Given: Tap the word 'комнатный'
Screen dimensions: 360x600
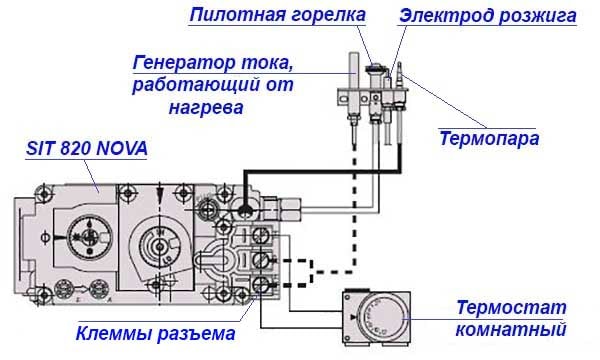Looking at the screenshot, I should coord(512,328).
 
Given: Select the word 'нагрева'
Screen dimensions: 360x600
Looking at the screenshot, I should coord(210,106).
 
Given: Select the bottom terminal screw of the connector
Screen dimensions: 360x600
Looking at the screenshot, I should coord(262,285).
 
